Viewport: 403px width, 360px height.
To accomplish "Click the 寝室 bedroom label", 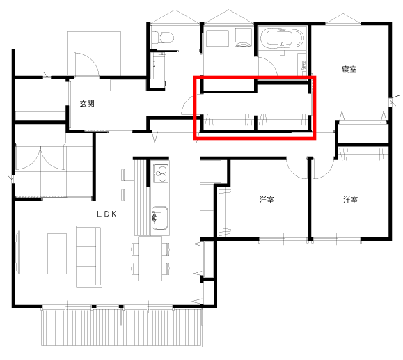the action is point(349,69).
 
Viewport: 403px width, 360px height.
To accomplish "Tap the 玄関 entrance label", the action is point(87,103).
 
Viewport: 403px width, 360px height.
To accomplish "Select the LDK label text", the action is point(107,214).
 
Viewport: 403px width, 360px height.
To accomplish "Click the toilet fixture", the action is point(162,38).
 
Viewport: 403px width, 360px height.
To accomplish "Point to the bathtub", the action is point(282,38).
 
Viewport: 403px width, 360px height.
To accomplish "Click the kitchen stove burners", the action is point(161,173).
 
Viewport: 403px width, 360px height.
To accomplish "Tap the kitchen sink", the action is point(159,218).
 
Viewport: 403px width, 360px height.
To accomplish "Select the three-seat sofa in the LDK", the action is point(89,256).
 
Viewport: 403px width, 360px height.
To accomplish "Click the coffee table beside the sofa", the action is point(57,253).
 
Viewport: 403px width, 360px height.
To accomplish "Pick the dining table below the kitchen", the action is point(150,259).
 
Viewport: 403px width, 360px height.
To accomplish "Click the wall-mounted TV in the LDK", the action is point(18,252).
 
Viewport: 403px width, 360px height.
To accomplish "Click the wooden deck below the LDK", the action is point(121,327).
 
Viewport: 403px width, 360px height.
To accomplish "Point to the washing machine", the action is point(243,38).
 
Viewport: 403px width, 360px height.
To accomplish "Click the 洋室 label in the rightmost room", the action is point(350,200).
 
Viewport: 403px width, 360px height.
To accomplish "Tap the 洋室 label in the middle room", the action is point(267,200).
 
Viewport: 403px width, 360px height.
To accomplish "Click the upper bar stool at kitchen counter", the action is point(127,175).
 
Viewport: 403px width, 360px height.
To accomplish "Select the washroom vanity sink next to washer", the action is point(217,38).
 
